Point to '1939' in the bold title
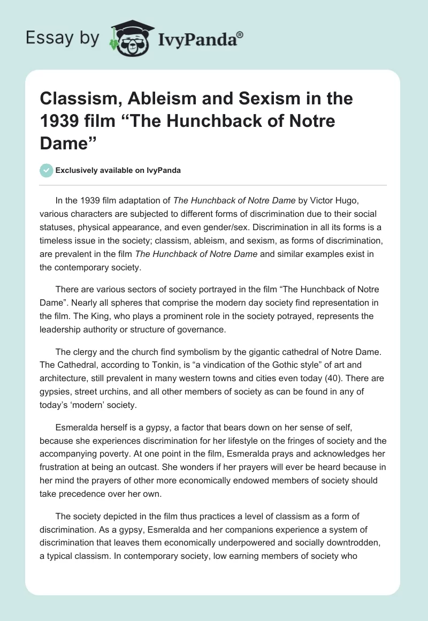tap(58, 121)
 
